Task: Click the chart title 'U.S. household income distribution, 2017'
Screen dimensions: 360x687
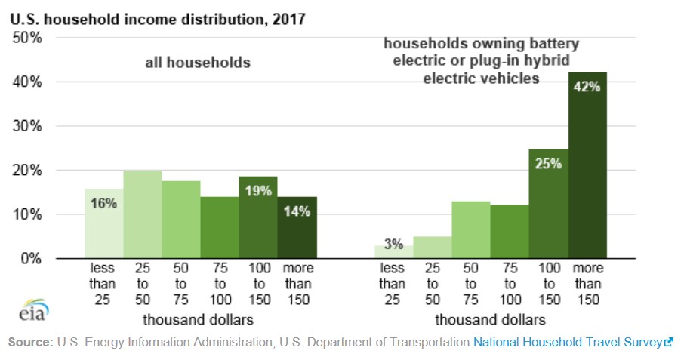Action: click(157, 18)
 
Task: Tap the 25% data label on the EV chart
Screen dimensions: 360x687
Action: click(549, 164)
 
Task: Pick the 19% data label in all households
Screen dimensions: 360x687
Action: click(258, 191)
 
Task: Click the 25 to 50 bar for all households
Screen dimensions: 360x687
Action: click(143, 215)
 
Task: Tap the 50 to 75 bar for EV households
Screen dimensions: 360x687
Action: click(470, 230)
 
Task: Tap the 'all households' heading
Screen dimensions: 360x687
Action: click(198, 63)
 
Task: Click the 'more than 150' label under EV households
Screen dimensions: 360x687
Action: click(588, 285)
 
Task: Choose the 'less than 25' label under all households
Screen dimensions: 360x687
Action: click(104, 285)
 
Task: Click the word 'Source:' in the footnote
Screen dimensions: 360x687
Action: click(30, 342)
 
